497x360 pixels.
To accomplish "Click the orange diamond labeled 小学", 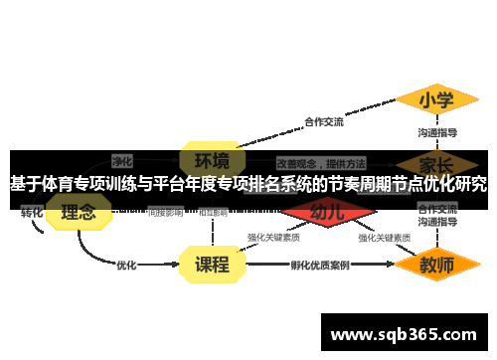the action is [x=435, y=100].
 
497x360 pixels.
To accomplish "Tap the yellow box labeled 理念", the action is [x=79, y=211].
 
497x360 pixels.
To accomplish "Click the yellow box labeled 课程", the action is [x=212, y=265].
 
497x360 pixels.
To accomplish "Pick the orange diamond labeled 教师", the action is [x=436, y=266].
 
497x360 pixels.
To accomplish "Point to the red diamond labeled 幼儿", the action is [x=327, y=211].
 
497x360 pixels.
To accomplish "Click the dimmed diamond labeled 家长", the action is [x=436, y=163].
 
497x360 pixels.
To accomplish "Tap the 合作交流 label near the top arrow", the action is [x=323, y=122].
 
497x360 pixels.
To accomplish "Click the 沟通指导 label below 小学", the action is [x=436, y=132].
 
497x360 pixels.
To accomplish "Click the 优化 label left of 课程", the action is [x=126, y=266].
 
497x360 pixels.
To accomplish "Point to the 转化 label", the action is [x=32, y=212].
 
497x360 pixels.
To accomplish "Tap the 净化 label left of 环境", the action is [x=122, y=160].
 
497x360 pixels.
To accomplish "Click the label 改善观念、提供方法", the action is [x=321, y=162].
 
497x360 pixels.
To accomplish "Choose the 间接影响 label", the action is [x=165, y=212].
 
